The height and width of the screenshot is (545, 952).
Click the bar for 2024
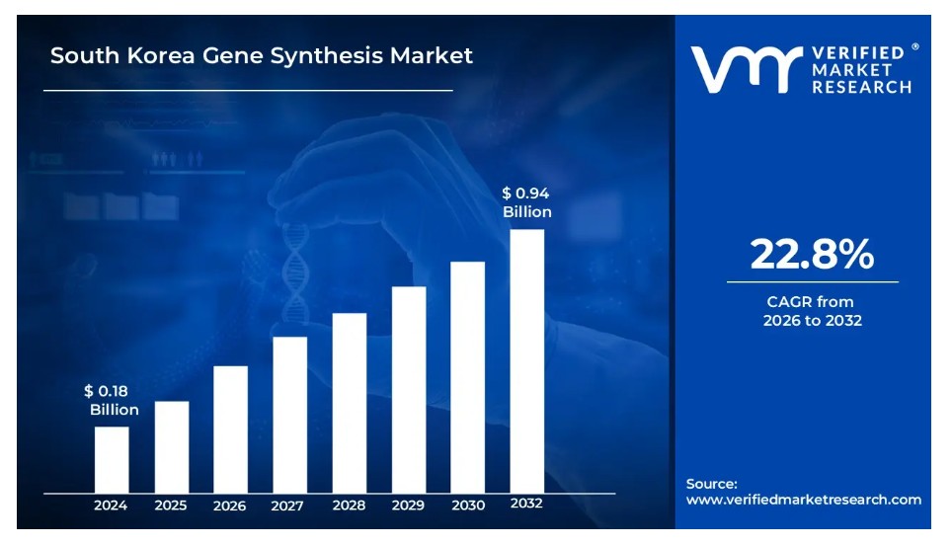pos(112,459)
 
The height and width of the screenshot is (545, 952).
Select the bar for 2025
pos(171,446)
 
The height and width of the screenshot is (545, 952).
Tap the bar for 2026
pos(230,428)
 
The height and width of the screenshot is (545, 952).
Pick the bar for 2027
pos(289,414)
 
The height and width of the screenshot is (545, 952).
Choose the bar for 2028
pos(350,402)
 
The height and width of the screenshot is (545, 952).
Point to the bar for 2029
pos(409,389)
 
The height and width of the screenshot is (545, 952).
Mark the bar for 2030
pos(468,376)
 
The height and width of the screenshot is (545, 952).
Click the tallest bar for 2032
pos(527,360)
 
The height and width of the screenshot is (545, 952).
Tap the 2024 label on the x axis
pos(111,506)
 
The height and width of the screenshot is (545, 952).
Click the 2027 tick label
pos(288,506)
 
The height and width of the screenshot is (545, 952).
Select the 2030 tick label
pos(468,506)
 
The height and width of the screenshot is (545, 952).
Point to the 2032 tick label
pos(526,504)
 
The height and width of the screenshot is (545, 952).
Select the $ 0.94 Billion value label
pos(526,202)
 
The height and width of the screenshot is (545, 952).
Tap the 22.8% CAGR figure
pos(812,255)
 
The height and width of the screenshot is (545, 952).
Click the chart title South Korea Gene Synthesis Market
pos(262,55)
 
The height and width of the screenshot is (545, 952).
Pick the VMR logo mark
pos(745,69)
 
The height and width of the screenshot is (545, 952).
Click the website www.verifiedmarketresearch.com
pos(803,500)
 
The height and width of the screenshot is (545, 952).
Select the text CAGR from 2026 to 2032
pos(812,311)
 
